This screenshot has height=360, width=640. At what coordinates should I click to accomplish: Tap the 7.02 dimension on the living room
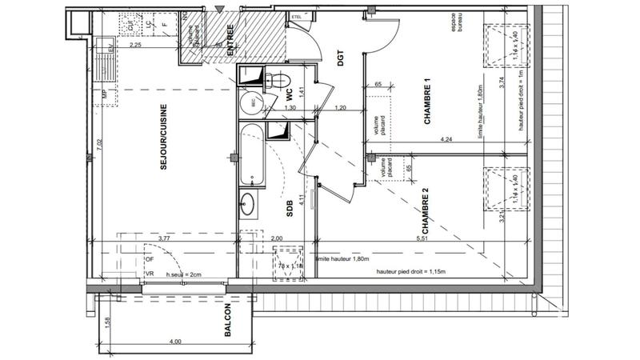coord(100,145)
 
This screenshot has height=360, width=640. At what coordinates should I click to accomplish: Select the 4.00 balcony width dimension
coord(176,342)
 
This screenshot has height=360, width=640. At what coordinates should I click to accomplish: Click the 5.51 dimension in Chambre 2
coord(422,238)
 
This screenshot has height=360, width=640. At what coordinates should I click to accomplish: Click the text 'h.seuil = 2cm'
coord(185,274)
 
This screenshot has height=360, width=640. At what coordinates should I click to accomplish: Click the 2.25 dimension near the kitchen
coord(135,46)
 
